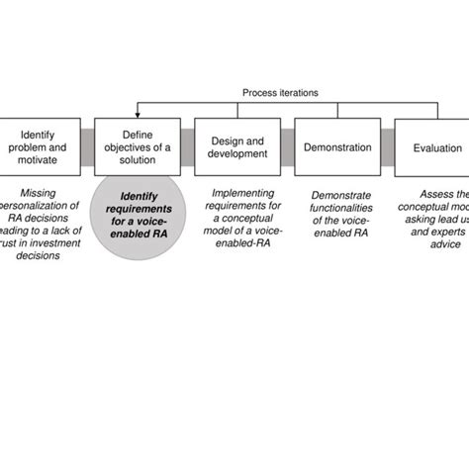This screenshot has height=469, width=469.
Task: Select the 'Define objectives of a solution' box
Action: coord(138,147)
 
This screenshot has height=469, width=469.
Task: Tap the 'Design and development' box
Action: coord(237,147)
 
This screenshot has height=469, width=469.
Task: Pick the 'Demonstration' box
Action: coord(337,147)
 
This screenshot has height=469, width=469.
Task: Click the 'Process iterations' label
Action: coord(281,93)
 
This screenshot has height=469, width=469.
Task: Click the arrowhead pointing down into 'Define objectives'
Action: coord(138,114)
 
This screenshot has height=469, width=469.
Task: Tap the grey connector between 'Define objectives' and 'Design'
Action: coord(188,147)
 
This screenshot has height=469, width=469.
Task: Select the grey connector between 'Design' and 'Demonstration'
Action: coord(288,147)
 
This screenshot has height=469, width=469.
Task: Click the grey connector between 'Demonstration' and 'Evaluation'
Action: coord(388,147)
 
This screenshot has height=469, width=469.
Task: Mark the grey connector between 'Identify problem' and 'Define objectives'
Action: coord(88,147)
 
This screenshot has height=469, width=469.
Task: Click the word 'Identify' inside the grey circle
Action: coord(139,196)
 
